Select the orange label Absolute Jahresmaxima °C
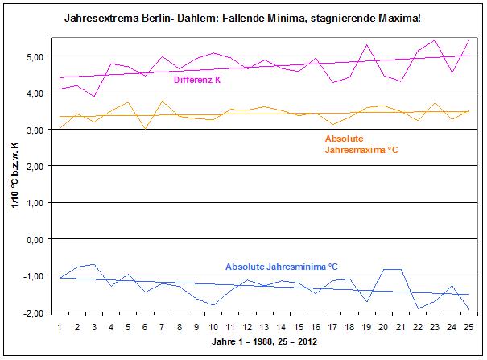pos(357,143)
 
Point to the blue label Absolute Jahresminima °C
pos(281,267)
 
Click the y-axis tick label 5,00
pos(35,57)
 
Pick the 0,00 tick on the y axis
pos(35,239)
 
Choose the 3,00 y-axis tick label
pos(35,130)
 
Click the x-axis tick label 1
pos(60,327)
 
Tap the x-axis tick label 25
pos(468,327)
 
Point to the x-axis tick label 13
pos(264,327)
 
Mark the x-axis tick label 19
pos(366,327)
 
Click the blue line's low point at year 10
pos(213,305)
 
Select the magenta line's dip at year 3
pos(94,96)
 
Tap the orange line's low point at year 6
pos(145,129)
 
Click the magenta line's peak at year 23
pos(435,39)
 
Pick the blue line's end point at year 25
pos(468,309)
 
